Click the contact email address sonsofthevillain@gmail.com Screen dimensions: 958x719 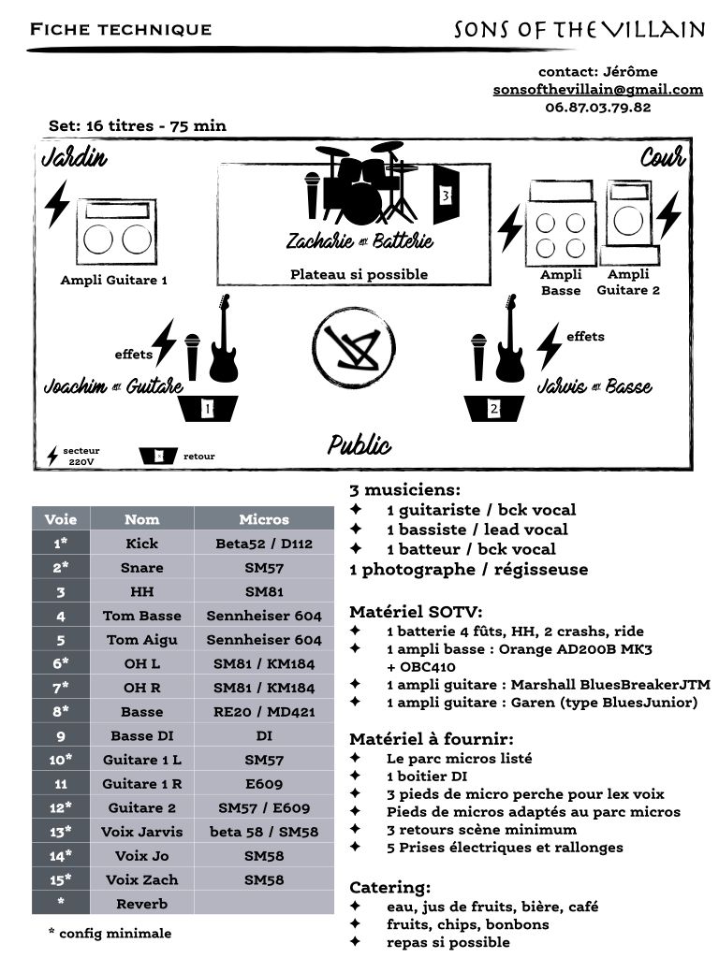(x=598, y=90)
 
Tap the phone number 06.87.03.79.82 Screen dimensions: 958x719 (x=597, y=107)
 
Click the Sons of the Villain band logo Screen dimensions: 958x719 (x=580, y=30)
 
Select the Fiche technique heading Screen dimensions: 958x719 (x=121, y=29)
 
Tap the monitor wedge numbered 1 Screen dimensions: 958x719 (x=208, y=409)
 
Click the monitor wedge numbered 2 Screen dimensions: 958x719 (x=494, y=409)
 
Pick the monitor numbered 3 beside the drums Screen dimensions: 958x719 (x=446, y=195)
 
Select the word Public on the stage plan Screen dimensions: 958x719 (x=359, y=444)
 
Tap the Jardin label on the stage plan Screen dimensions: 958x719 (x=75, y=157)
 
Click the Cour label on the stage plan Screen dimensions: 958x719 (x=662, y=157)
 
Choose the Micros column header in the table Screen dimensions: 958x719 (x=264, y=519)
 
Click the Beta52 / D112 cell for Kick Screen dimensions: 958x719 (x=264, y=544)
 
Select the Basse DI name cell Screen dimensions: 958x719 (x=141, y=735)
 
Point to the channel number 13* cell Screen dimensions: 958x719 (x=60, y=832)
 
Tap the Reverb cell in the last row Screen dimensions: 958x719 (x=141, y=904)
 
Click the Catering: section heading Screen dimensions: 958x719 (x=390, y=887)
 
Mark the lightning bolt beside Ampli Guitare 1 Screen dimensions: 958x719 (x=58, y=203)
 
